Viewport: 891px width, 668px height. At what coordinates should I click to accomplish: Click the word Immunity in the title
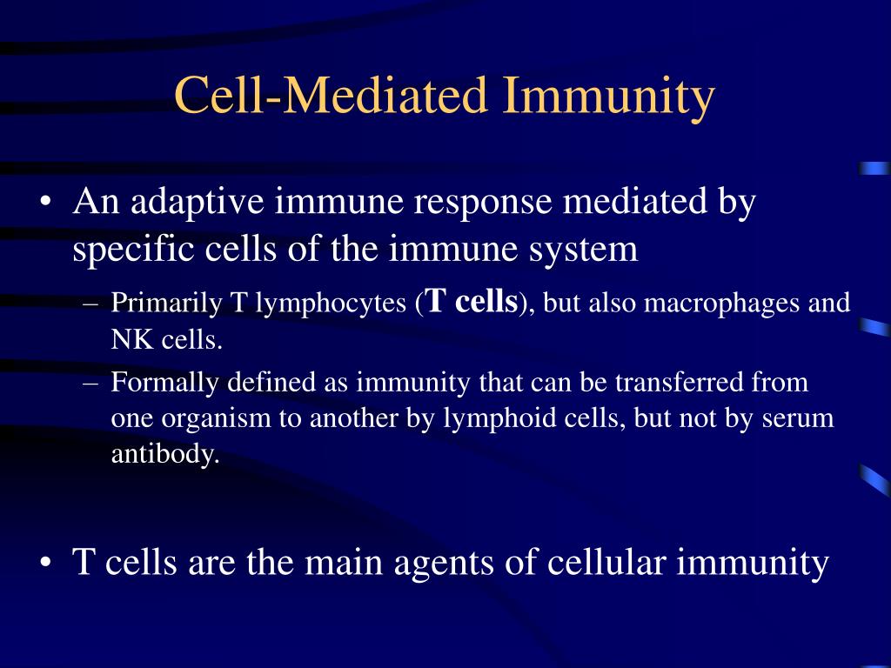click(607, 97)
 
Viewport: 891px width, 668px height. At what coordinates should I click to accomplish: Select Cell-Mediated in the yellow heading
click(330, 94)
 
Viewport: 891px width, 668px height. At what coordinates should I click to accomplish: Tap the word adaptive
click(198, 202)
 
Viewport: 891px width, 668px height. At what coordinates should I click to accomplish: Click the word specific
click(134, 250)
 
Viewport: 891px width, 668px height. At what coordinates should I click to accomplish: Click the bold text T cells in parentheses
click(472, 300)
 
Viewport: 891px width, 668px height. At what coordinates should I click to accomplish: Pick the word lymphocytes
click(331, 304)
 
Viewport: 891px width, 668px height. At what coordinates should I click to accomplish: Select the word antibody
click(165, 455)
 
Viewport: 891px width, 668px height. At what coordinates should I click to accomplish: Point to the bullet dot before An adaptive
click(46, 203)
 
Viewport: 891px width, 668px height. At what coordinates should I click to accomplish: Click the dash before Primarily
click(90, 304)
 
